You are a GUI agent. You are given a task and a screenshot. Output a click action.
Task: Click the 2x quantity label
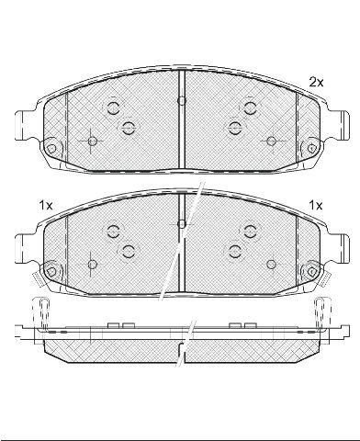point(316,82)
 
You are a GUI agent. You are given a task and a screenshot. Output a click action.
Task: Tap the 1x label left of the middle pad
point(46,205)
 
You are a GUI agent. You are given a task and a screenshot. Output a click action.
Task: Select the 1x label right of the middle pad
point(316,205)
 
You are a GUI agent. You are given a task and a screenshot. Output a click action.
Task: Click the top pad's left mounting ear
point(25,126)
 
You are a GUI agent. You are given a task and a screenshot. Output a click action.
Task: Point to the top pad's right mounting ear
point(339,125)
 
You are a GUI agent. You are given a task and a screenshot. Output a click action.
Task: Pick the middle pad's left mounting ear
point(25,249)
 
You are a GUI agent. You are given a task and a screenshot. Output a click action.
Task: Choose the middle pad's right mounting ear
point(339,249)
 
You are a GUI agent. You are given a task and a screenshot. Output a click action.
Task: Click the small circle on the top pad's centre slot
point(182,100)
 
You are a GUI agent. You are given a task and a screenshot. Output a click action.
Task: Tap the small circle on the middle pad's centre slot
point(182,224)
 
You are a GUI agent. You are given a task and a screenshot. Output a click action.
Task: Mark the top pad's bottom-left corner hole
point(51,149)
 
